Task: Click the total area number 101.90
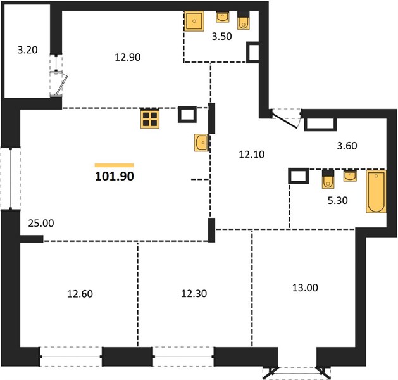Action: pyautogui.click(x=115, y=176)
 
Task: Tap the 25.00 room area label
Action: pyautogui.click(x=41, y=224)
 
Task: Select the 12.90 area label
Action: pyautogui.click(x=128, y=57)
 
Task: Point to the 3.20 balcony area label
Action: pyautogui.click(x=27, y=50)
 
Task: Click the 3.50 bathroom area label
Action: pyautogui.click(x=222, y=36)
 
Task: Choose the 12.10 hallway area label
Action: pyautogui.click(x=252, y=155)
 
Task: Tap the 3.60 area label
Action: pyautogui.click(x=347, y=146)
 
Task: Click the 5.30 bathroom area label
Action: pyautogui.click(x=338, y=200)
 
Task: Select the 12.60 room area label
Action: pyautogui.click(x=80, y=294)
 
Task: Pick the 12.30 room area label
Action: pyautogui.click(x=194, y=294)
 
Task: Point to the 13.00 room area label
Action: pyautogui.click(x=305, y=288)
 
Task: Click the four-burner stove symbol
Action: pyautogui.click(x=150, y=119)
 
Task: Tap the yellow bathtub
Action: pyautogui.click(x=376, y=191)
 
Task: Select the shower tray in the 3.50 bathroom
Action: pyautogui.click(x=194, y=21)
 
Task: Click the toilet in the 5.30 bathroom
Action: pyautogui.click(x=328, y=179)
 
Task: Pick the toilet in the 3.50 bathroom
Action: pyautogui.click(x=244, y=20)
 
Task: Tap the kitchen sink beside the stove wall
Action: pyautogui.click(x=201, y=142)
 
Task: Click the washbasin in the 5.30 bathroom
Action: pyautogui.click(x=351, y=175)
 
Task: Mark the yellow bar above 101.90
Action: pyautogui.click(x=115, y=165)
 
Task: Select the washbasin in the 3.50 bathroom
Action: pyautogui.click(x=223, y=16)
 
